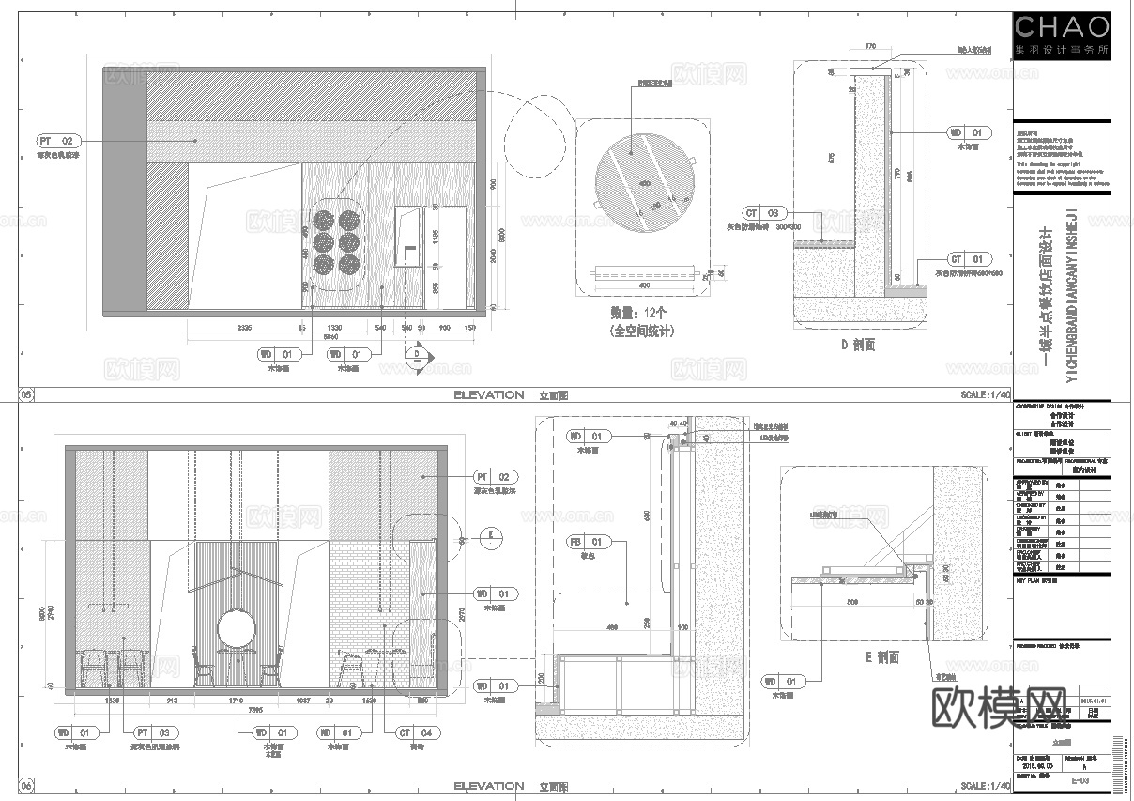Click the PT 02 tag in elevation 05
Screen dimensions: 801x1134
pyautogui.click(x=56, y=140)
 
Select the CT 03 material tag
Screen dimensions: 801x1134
pyautogui.click(x=761, y=213)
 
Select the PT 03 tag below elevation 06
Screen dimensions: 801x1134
pyautogui.click(x=154, y=732)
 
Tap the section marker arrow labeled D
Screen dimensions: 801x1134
pyautogui.click(x=414, y=356)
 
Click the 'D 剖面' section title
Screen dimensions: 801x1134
pyautogui.click(x=857, y=345)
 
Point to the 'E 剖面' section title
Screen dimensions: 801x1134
pyautogui.click(x=881, y=658)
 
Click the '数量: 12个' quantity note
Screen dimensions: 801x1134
pyautogui.click(x=640, y=314)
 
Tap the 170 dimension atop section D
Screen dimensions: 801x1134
pyautogui.click(x=869, y=44)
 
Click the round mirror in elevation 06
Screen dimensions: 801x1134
pyautogui.click(x=236, y=629)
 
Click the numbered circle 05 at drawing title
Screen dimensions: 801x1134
pyautogui.click(x=26, y=395)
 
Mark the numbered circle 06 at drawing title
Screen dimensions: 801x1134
pyautogui.click(x=26, y=786)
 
